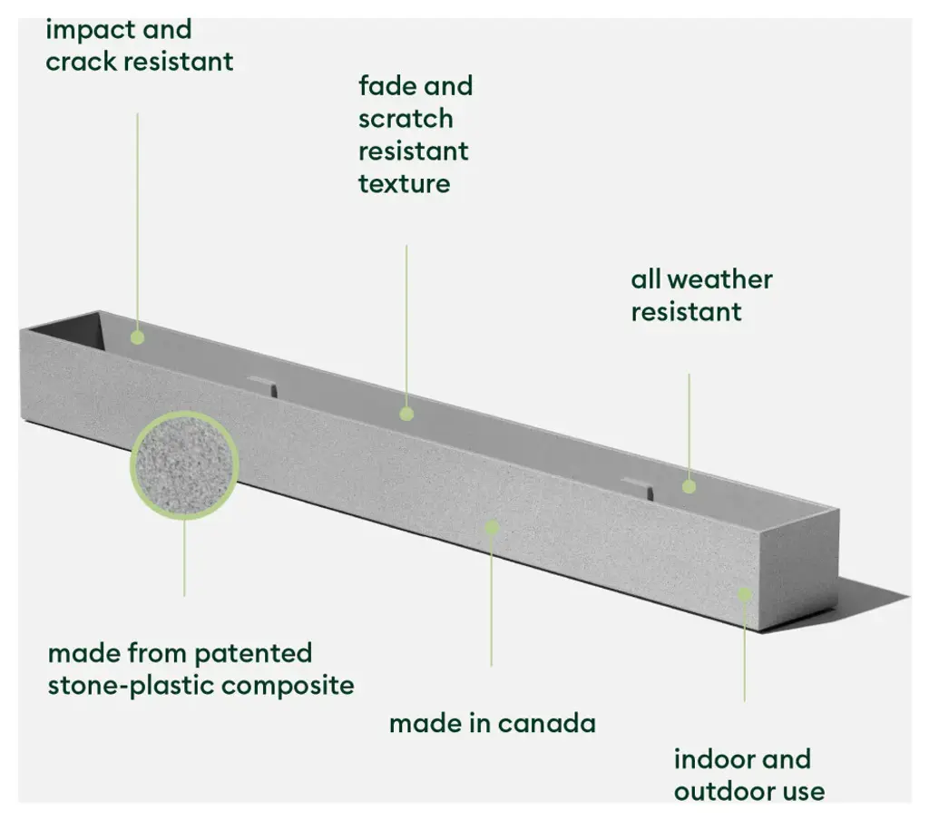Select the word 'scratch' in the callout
point(406,119)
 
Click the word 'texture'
point(404,184)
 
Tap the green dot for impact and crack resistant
point(137,337)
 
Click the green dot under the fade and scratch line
point(406,414)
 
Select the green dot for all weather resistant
point(689,486)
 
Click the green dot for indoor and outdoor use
point(744,594)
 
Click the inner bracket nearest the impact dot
point(261,384)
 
